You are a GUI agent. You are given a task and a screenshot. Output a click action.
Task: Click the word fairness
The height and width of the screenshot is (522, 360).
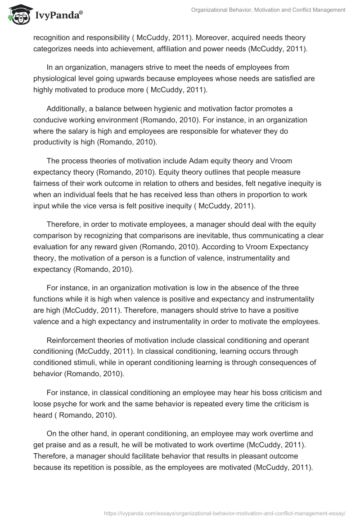tap(48, 184)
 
